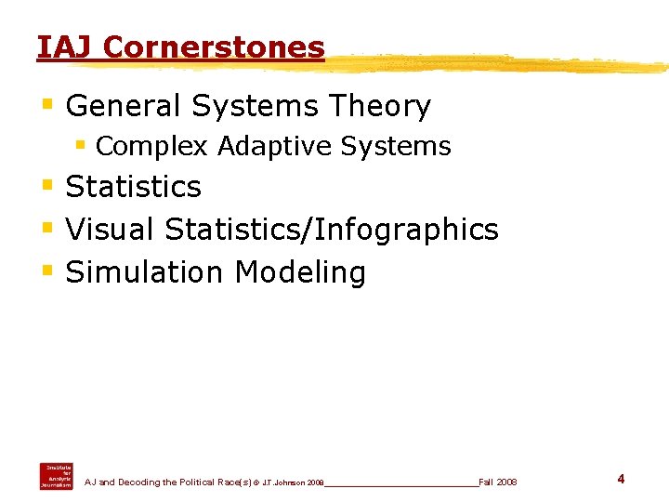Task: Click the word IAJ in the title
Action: (x=66, y=46)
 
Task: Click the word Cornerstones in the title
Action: (x=215, y=46)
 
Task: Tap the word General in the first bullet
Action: (x=125, y=107)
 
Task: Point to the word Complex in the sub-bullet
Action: (x=151, y=147)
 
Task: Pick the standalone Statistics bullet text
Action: (x=134, y=187)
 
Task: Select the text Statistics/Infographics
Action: (x=332, y=230)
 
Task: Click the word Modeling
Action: (x=300, y=272)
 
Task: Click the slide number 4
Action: (x=621, y=479)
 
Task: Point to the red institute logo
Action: (x=55, y=475)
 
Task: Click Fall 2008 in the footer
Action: (x=498, y=482)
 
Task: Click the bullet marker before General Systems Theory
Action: (x=48, y=105)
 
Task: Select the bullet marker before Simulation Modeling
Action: (x=48, y=271)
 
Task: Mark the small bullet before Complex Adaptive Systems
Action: (x=81, y=146)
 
